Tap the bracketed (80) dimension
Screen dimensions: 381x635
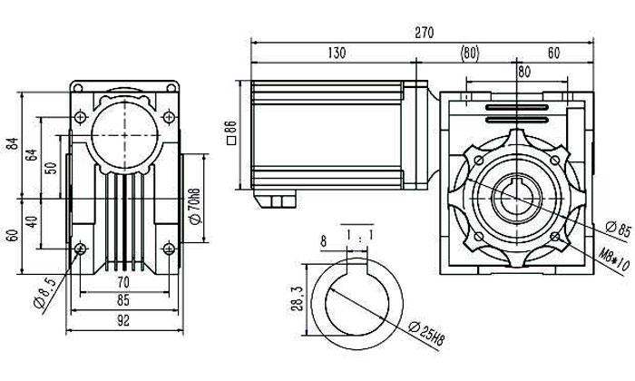pos(470,53)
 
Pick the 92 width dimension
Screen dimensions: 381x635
pos(124,320)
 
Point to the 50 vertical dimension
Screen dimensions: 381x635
pos(51,168)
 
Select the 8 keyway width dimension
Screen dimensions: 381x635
pos(323,242)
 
